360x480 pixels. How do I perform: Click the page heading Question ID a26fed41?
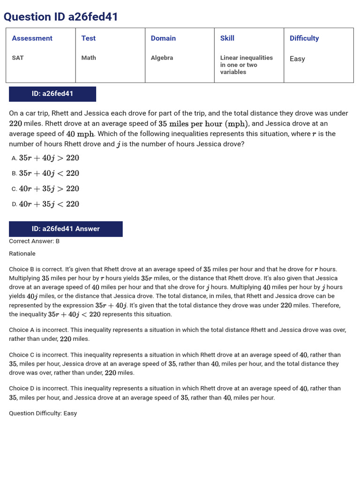tap(61, 17)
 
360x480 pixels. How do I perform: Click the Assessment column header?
tap(32, 38)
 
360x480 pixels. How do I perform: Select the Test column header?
tap(88, 38)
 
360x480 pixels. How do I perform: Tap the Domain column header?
tap(163, 38)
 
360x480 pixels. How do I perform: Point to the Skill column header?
tap(227, 38)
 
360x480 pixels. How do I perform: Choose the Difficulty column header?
tap(304, 38)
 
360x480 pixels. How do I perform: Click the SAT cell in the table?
tap(18, 58)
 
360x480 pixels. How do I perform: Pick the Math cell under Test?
tap(89, 58)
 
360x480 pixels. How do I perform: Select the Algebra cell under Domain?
tap(162, 58)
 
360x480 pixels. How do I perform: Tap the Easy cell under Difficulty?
tap(297, 59)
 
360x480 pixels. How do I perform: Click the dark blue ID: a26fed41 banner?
tap(52, 94)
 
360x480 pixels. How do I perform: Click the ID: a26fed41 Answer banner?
tap(66, 229)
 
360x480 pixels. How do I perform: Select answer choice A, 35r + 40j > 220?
tap(49, 158)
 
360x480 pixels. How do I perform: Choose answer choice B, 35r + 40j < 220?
tap(49, 173)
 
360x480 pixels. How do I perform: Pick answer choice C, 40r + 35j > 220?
tap(49, 189)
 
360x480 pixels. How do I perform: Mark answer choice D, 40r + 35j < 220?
tap(49, 204)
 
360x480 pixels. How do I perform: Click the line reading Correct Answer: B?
tap(34, 241)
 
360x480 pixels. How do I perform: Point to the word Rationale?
tap(22, 254)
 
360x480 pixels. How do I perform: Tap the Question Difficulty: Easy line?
tap(43, 413)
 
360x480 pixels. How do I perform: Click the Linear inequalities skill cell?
tap(246, 65)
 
